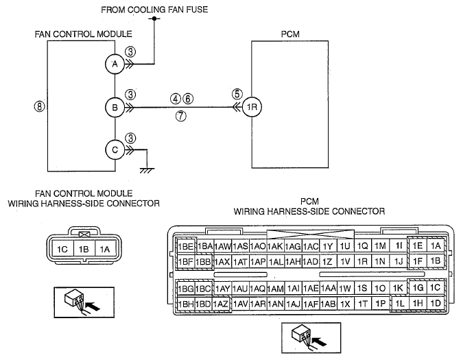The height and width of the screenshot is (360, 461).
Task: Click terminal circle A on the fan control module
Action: click(x=115, y=64)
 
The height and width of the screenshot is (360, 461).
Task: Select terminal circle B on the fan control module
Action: click(x=115, y=107)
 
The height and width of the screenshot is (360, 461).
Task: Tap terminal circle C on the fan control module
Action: click(x=115, y=150)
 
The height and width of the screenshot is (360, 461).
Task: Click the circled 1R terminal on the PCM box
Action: click(x=252, y=107)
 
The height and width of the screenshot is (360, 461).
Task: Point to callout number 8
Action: click(x=39, y=106)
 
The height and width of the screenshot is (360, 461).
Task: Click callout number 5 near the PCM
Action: click(x=237, y=94)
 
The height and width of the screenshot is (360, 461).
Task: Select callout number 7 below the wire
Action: click(x=181, y=116)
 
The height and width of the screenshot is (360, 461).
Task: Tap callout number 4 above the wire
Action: click(x=176, y=99)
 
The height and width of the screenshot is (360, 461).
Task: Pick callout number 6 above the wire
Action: click(x=188, y=99)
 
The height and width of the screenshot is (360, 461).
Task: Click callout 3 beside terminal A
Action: click(x=130, y=52)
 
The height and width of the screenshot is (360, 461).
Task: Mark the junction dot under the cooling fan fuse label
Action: click(x=154, y=19)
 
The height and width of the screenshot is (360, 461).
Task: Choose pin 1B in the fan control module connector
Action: click(x=84, y=249)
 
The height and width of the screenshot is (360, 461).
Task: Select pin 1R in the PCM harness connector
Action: click(x=362, y=261)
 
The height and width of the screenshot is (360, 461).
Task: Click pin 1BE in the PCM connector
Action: click(x=185, y=246)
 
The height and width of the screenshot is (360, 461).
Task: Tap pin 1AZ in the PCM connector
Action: click(x=220, y=304)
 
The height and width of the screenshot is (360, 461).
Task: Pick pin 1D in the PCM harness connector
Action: click(x=436, y=303)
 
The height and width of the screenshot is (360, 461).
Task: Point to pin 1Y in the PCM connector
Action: click(x=327, y=246)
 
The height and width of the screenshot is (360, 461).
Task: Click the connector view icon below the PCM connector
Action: click(x=311, y=337)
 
